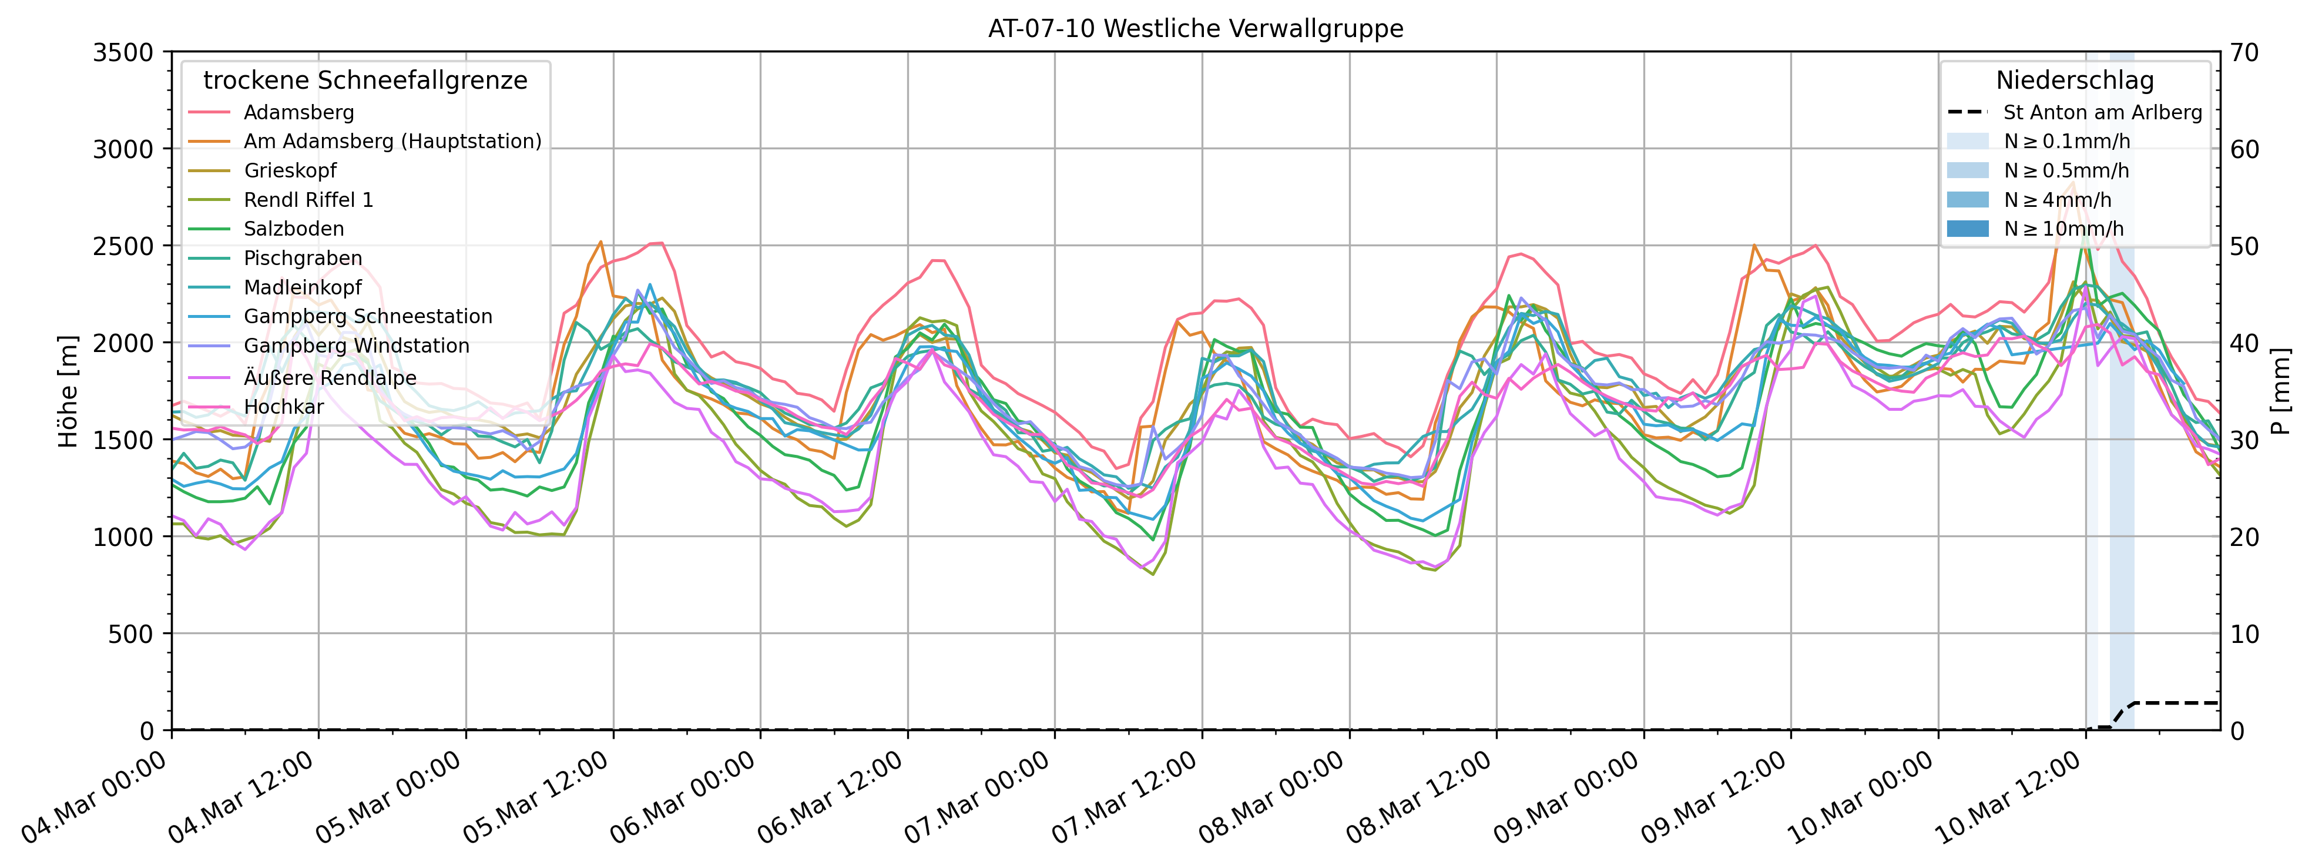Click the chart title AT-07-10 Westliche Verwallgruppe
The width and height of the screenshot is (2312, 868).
coord(1196,29)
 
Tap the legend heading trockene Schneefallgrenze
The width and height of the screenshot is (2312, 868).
coord(365,81)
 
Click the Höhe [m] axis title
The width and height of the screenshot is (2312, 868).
coord(68,391)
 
